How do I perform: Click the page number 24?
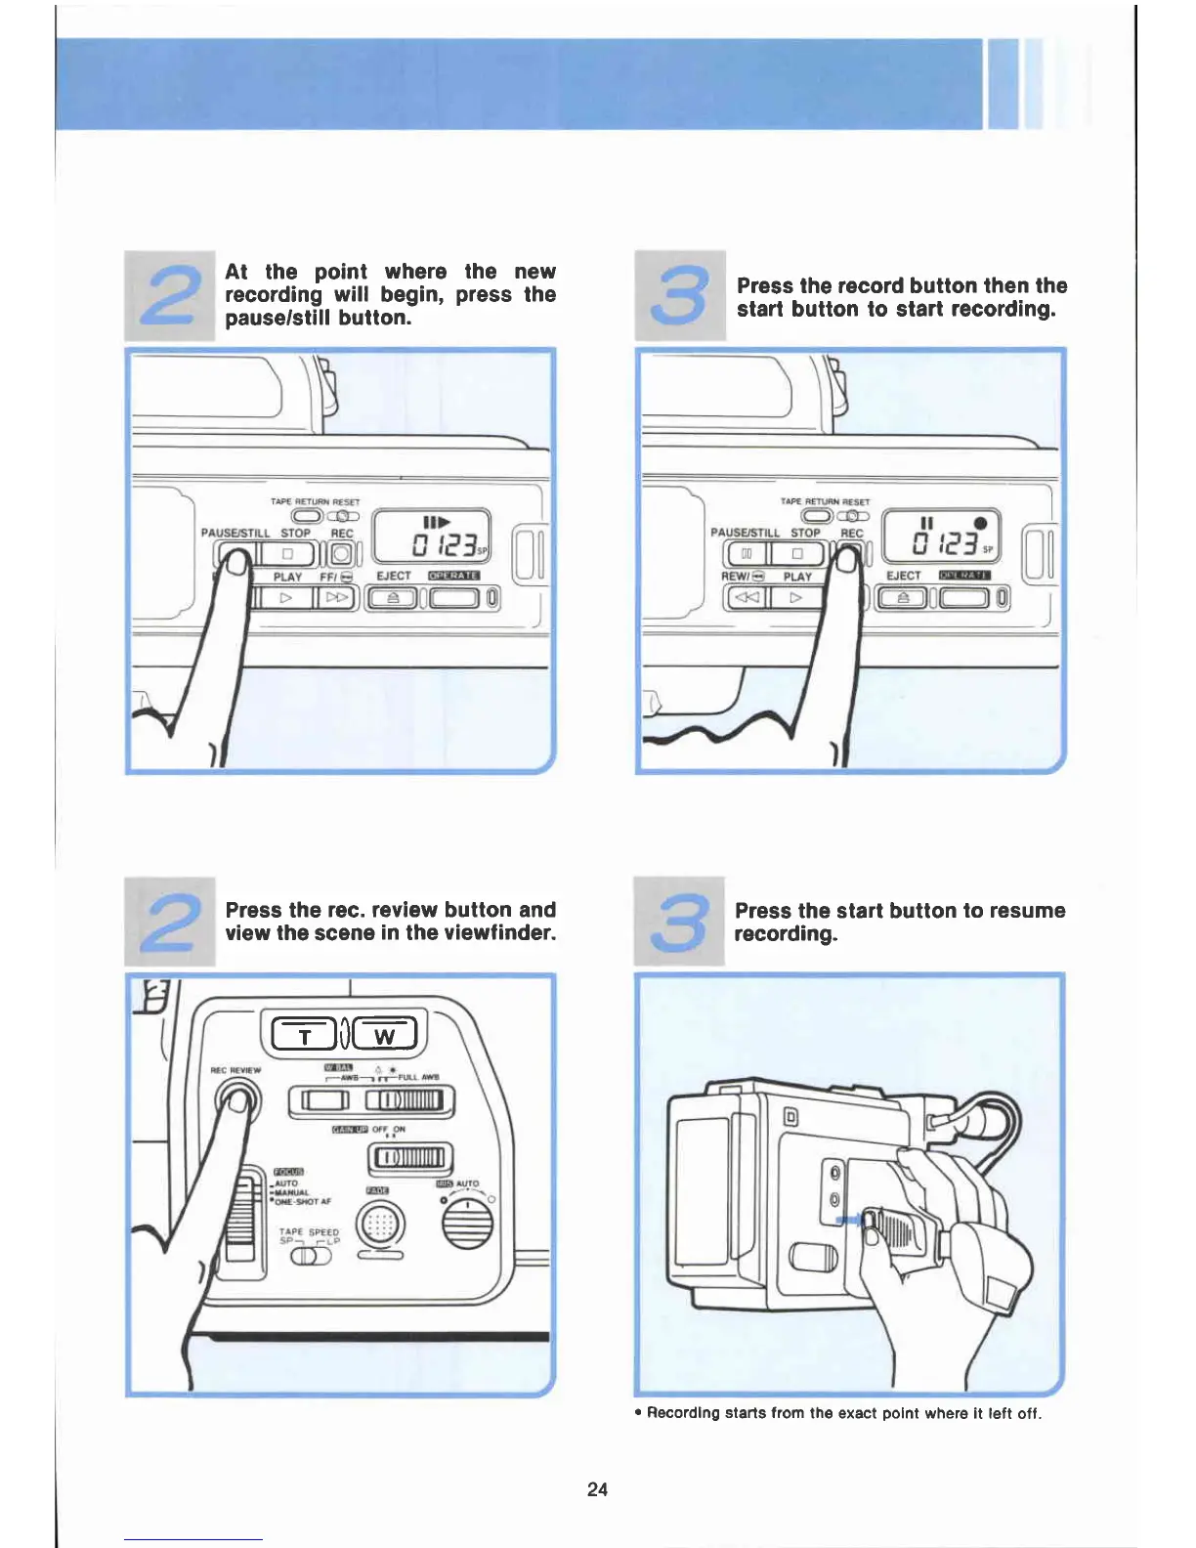coord(597,1488)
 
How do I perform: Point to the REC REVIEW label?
coord(235,1070)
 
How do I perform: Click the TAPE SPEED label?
coord(309,1232)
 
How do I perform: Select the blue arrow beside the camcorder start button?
coord(846,1220)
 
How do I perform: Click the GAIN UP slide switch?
coord(410,1158)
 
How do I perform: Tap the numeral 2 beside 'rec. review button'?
coord(170,922)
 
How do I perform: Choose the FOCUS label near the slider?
coord(288,1171)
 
